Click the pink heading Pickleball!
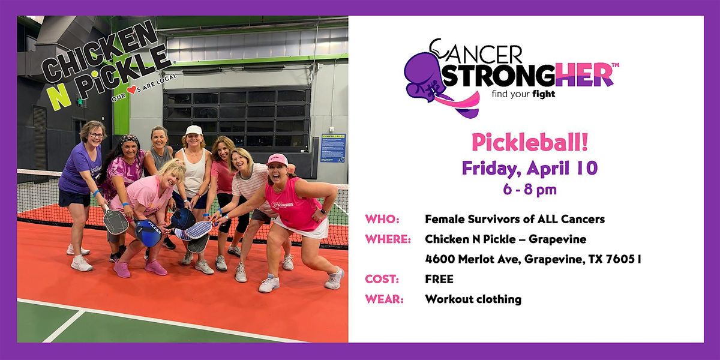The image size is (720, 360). [x=530, y=143]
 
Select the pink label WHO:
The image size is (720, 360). [x=382, y=220]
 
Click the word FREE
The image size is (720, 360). [x=439, y=279]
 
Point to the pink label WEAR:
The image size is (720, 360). [x=384, y=299]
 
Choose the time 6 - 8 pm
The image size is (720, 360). [x=530, y=190]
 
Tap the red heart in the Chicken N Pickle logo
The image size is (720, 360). [x=132, y=89]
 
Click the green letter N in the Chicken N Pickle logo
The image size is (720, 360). [x=58, y=98]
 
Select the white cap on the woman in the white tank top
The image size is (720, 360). [x=194, y=130]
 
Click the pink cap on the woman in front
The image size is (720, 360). [x=277, y=159]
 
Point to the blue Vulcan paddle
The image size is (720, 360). [x=148, y=232]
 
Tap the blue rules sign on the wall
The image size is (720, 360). [x=333, y=148]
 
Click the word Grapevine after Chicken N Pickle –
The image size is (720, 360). [x=557, y=239]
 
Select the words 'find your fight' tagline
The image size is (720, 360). [x=523, y=94]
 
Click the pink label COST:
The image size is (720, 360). [x=382, y=279]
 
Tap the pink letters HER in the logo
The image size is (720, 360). [x=584, y=74]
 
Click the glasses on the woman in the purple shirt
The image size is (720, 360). [x=97, y=136]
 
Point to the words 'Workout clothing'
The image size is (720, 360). [x=473, y=299]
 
